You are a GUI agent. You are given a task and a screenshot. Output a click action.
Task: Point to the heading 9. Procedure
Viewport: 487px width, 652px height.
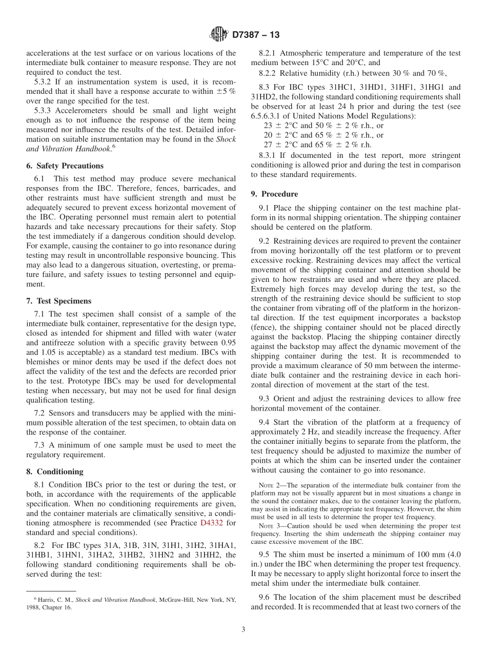point(274,194)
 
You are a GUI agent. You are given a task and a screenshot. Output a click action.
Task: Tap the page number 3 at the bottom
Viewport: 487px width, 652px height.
point(243,629)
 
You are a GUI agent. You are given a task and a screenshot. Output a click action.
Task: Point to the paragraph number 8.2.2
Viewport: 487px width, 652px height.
point(268,72)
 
